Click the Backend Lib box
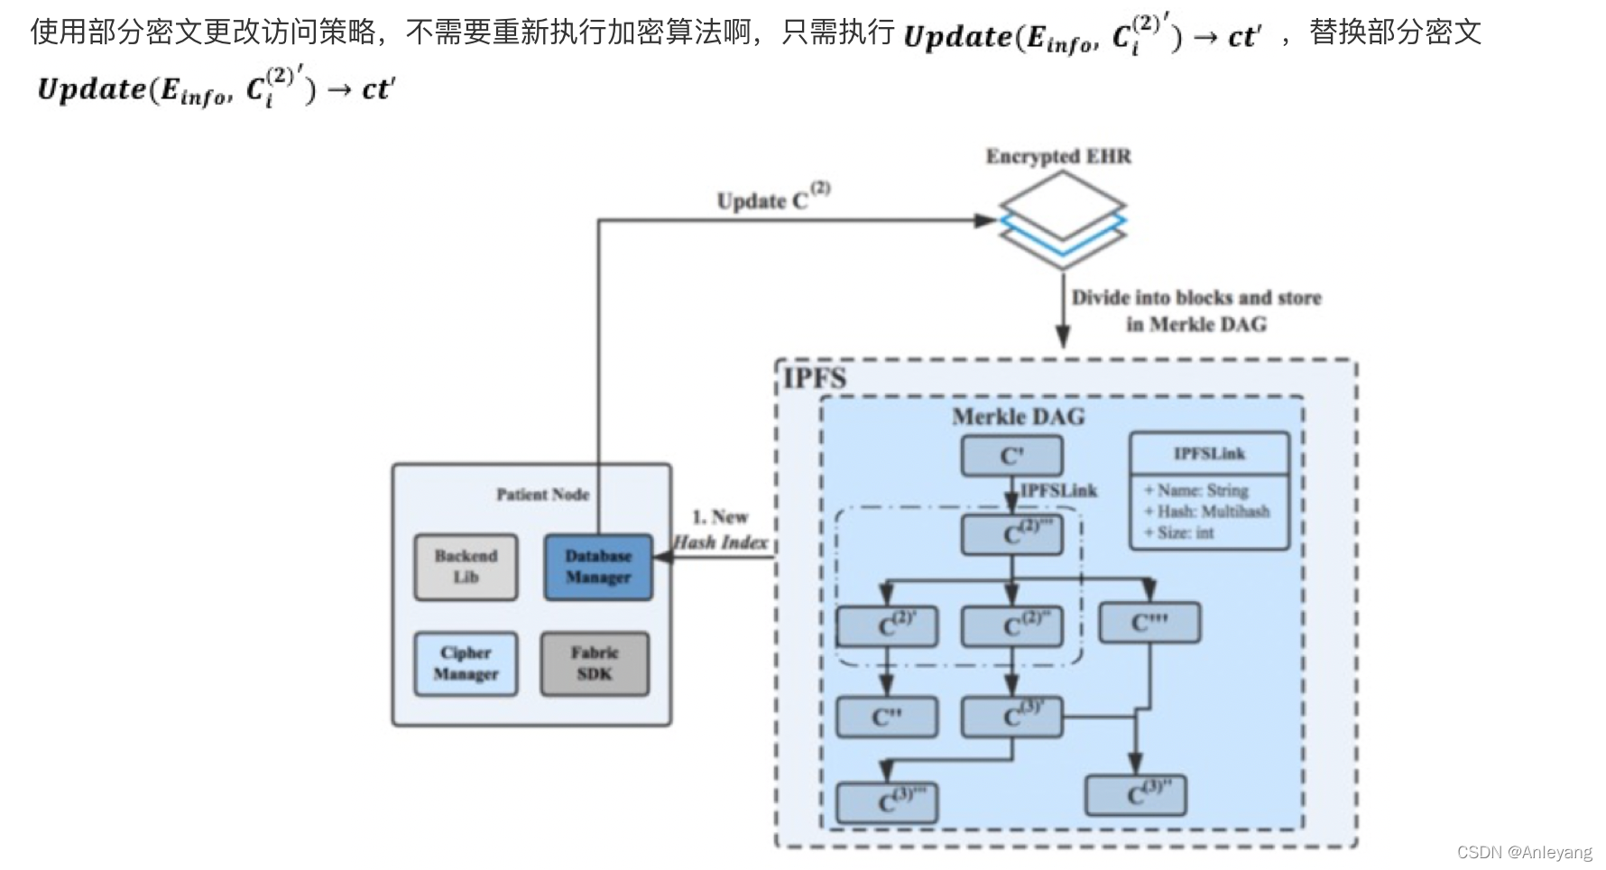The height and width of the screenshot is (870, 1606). (466, 567)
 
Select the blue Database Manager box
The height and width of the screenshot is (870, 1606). (598, 567)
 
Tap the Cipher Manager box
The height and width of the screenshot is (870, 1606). (466, 663)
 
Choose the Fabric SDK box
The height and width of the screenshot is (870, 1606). (595, 663)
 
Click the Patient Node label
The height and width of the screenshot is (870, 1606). (542, 495)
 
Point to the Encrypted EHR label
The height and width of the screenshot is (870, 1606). (1057, 156)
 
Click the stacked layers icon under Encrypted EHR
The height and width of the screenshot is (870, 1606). (1062, 220)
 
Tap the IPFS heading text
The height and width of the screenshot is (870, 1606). (815, 378)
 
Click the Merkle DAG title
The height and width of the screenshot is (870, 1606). (1018, 417)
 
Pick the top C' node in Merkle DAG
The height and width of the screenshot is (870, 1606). (1011, 456)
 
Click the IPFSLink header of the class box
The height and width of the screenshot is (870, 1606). (1209, 454)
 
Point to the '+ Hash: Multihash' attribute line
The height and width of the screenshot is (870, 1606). (1206, 512)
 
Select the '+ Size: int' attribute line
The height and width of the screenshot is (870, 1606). (1179, 532)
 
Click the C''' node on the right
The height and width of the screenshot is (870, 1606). (1149, 623)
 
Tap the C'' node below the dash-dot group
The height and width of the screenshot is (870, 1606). (887, 717)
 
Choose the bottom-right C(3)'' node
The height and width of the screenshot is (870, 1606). (1135, 795)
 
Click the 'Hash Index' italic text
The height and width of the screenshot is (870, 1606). (721, 542)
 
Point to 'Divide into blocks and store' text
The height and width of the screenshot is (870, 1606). (1195, 298)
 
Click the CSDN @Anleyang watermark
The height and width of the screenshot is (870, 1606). (1524, 852)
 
